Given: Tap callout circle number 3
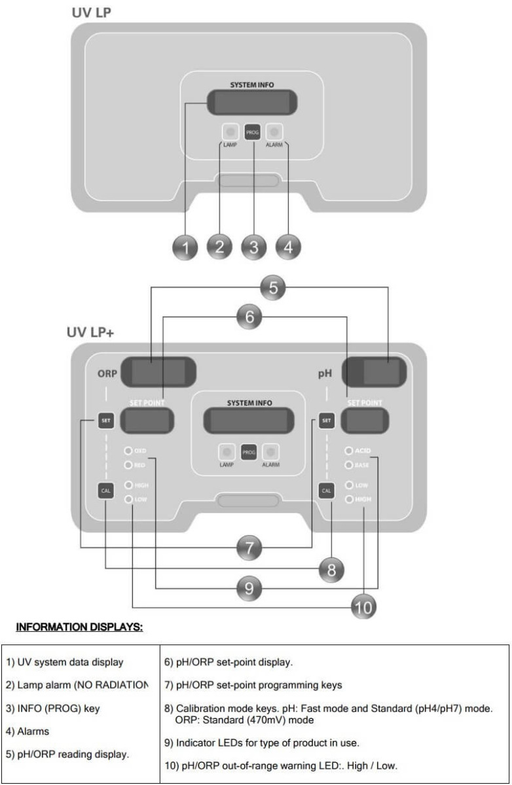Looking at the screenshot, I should click(x=254, y=247).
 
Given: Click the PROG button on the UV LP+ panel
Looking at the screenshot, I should click(x=248, y=451).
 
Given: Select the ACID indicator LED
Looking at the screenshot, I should click(x=349, y=451).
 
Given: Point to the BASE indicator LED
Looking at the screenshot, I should click(x=349, y=465).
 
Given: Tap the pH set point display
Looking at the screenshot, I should click(x=370, y=421).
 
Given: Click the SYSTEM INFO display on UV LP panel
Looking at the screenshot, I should click(x=252, y=102).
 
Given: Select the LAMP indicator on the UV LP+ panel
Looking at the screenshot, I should click(x=226, y=451).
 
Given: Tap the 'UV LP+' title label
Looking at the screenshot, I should click(x=89, y=331).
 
